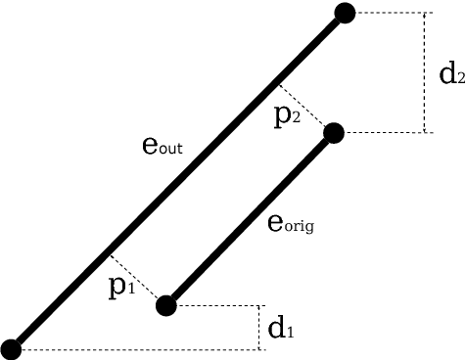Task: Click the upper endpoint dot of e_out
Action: (344, 13)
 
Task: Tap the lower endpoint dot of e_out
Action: (12, 347)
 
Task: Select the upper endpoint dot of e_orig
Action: (333, 132)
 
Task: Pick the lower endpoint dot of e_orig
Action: (166, 305)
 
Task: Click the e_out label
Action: (163, 149)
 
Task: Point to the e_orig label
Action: (291, 224)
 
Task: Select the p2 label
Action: (288, 115)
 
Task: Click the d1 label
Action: (281, 328)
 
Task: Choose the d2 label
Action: (451, 73)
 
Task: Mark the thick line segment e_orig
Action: (250, 219)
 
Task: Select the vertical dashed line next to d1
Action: (256, 327)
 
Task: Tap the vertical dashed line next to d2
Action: (425, 72)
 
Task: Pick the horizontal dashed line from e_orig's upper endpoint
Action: (382, 132)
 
